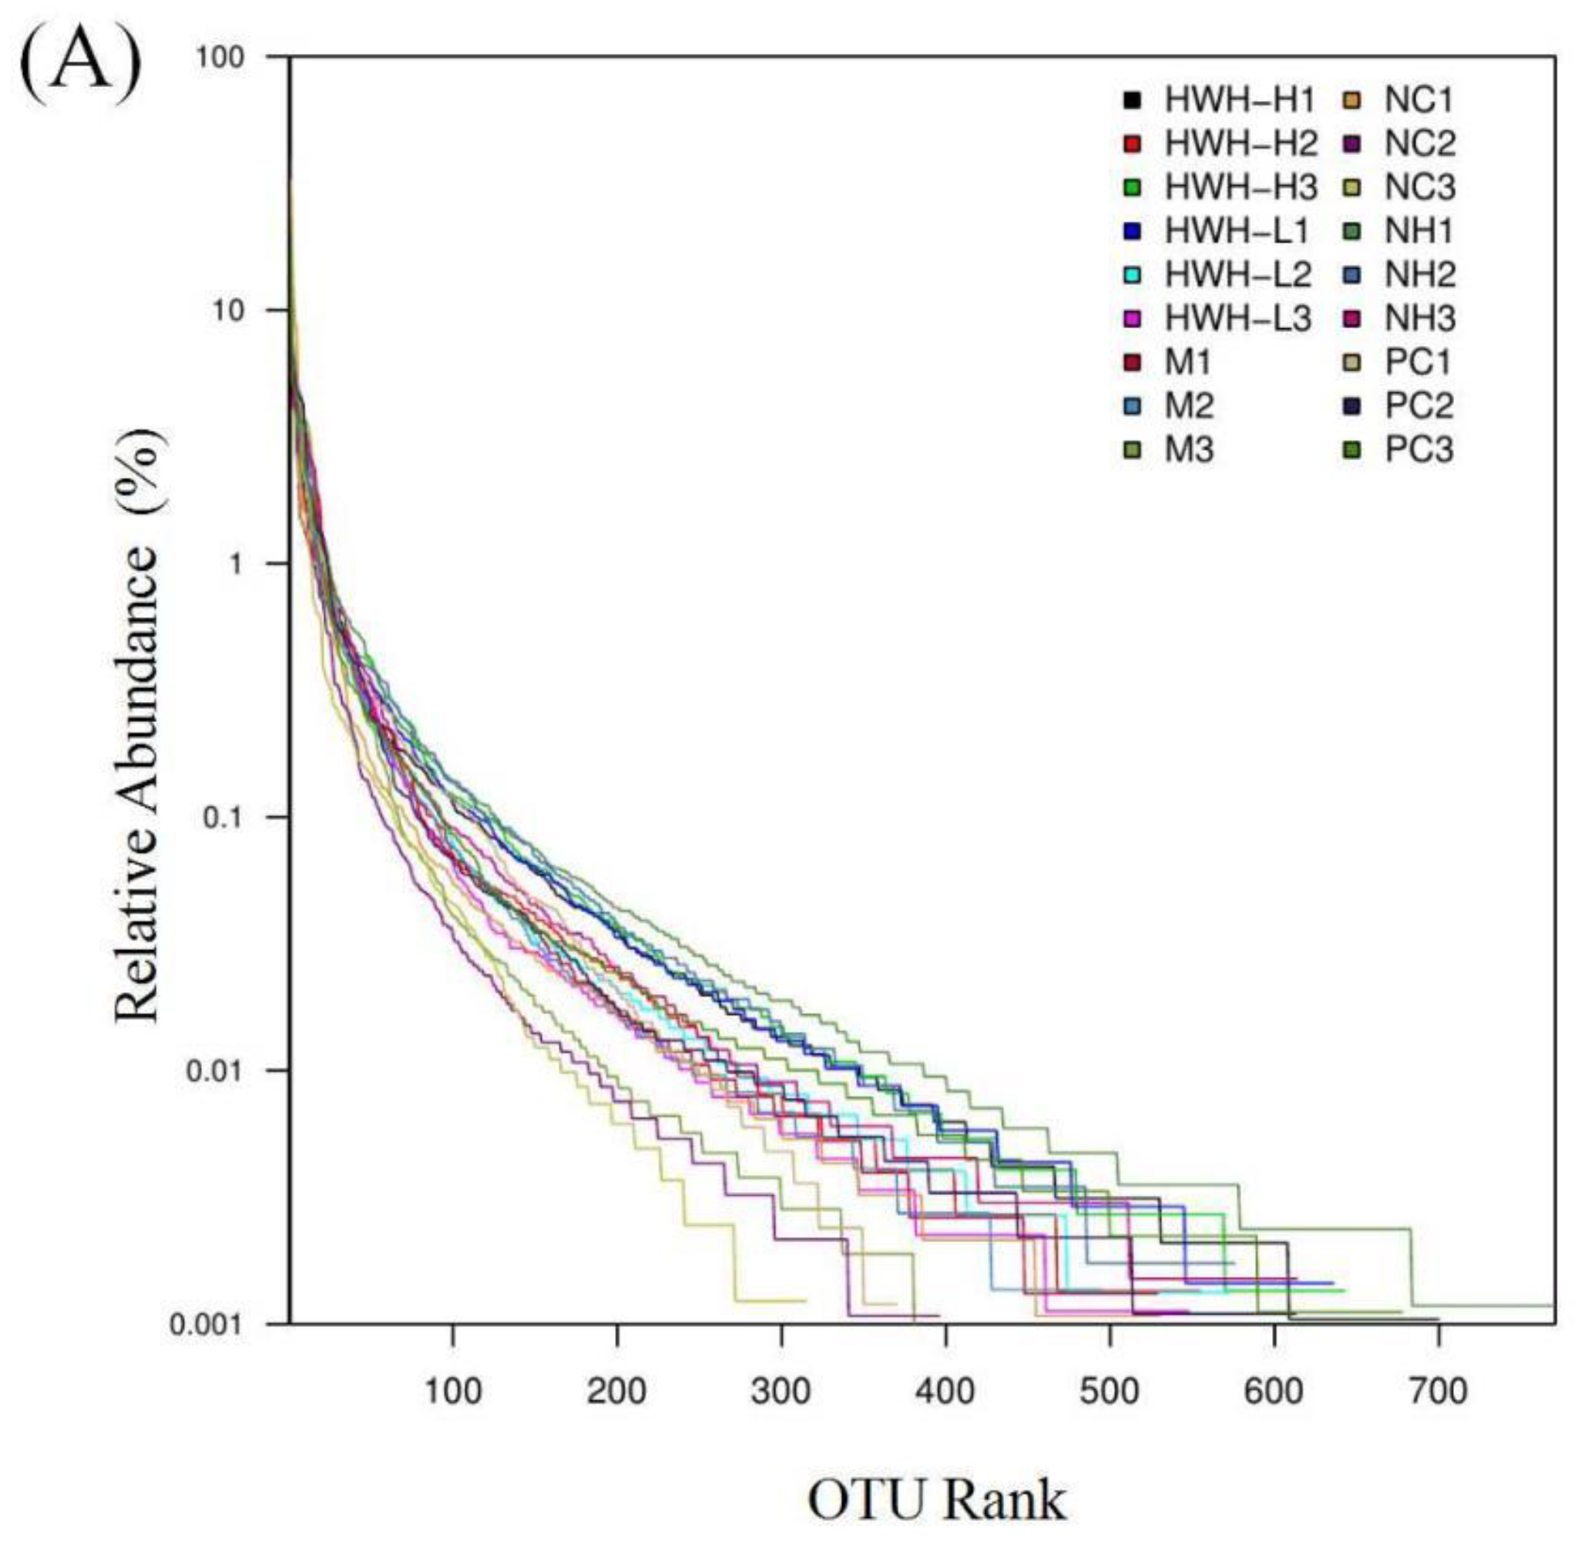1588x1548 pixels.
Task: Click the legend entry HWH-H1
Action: (x=1239, y=101)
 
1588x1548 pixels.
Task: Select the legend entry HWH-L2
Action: (x=1237, y=275)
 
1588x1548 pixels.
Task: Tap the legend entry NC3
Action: (x=1418, y=188)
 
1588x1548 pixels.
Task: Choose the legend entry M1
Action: (x=1188, y=362)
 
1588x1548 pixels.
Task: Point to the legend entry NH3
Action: (x=1418, y=319)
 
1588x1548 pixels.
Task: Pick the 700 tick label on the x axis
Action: (x=1439, y=1391)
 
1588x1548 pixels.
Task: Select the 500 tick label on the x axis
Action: (x=1109, y=1391)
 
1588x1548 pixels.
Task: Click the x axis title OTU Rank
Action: (x=936, y=1500)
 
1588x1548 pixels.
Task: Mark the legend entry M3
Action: (x=1188, y=449)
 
